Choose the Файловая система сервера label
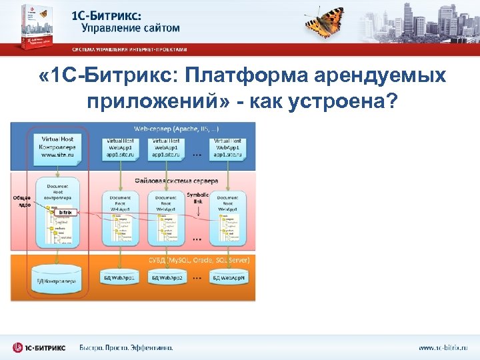(177, 179)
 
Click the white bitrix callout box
(65, 212)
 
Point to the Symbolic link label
(198, 198)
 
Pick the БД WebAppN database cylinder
(228, 276)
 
